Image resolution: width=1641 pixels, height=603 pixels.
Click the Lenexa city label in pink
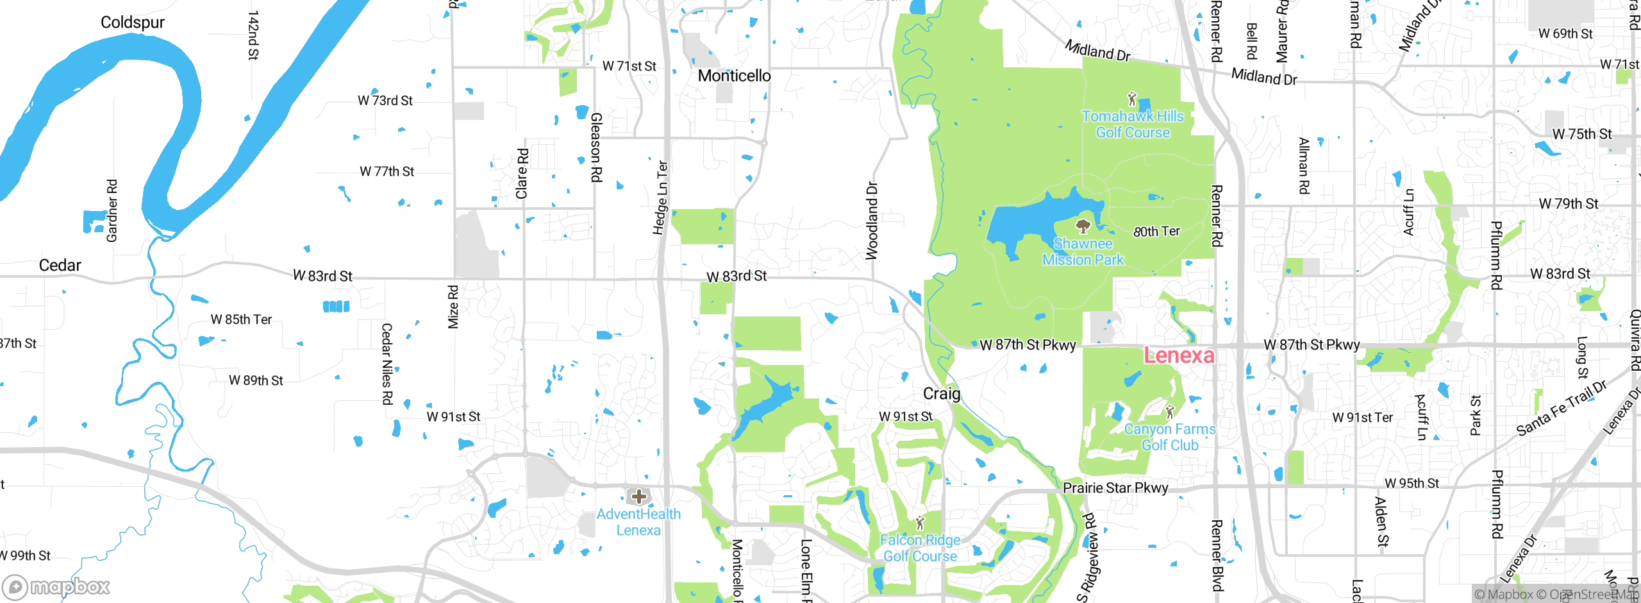point(1179,355)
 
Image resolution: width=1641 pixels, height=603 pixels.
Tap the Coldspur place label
point(133,22)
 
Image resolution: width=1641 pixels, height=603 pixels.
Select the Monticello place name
point(734,76)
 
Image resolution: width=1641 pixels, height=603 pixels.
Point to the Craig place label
point(941,393)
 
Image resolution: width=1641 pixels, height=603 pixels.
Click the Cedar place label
point(60,265)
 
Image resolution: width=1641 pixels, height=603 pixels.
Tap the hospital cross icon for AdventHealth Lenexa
point(639,496)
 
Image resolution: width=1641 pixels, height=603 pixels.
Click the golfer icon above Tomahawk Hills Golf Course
point(1132,99)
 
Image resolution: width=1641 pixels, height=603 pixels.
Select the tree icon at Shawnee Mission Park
point(1083,226)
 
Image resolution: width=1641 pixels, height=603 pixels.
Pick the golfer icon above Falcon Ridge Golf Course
point(920,523)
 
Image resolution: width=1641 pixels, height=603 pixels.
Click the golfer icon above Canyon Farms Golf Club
point(1170,411)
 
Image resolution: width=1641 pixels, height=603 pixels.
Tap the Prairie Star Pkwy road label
point(1115,488)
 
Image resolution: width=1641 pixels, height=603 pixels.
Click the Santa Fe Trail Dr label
point(1562,409)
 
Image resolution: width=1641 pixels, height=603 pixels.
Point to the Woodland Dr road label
point(872,221)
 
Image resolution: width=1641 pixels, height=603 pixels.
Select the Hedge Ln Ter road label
point(660,198)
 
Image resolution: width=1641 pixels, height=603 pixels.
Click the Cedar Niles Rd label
point(387,364)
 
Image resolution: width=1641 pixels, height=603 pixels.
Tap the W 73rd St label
point(385,101)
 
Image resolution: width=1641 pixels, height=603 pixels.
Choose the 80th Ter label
point(1156,232)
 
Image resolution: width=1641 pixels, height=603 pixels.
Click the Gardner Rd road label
point(112,210)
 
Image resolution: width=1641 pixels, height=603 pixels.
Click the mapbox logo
point(56,586)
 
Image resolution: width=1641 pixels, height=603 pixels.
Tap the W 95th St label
point(1412,483)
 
